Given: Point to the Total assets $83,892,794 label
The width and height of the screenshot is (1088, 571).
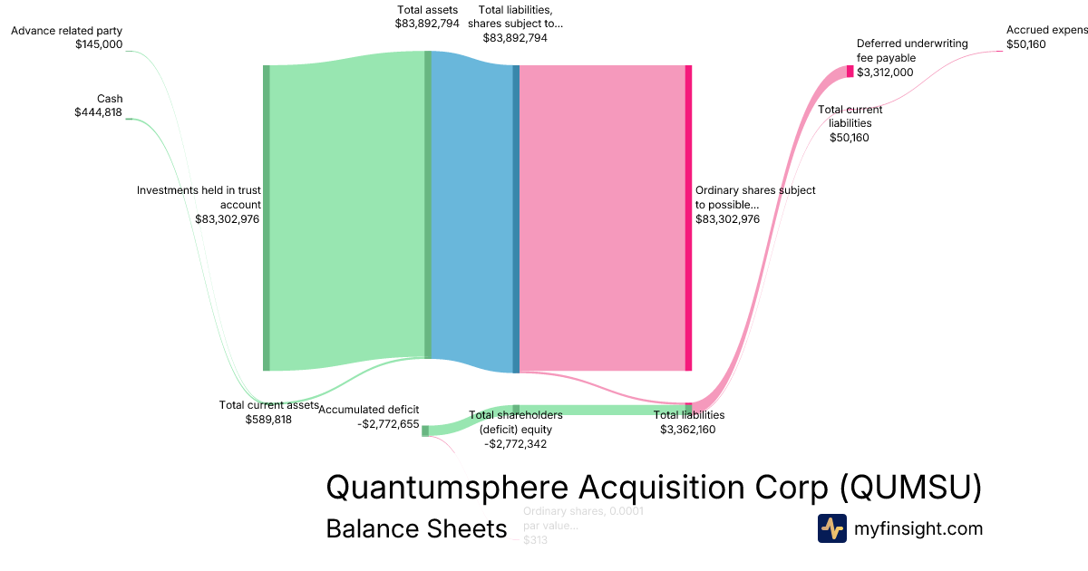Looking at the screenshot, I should [427, 17].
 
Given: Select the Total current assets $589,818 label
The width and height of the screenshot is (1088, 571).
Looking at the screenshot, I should [268, 412].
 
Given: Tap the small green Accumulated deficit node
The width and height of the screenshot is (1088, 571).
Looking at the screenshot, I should [424, 431].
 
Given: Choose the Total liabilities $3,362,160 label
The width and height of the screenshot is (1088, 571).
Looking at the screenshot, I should [688, 422].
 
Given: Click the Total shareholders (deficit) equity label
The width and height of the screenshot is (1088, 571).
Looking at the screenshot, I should [515, 429].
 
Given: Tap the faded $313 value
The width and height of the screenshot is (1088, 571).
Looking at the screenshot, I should [535, 540].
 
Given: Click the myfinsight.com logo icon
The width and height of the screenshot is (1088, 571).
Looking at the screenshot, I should [831, 528].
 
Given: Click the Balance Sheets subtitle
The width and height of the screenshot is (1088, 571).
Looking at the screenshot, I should [416, 529].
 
